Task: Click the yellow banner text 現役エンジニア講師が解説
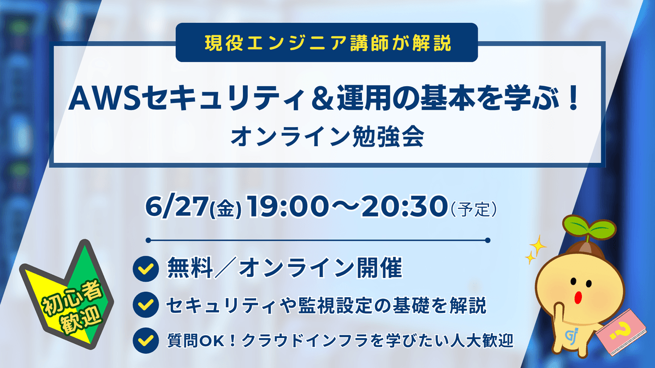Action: pyautogui.click(x=328, y=43)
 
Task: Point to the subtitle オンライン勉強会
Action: pyautogui.click(x=327, y=137)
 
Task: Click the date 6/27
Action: pyautogui.click(x=176, y=207)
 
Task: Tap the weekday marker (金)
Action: pyautogui.click(x=225, y=209)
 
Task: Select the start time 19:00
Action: pyautogui.click(x=288, y=207)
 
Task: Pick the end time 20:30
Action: pyautogui.click(x=404, y=207)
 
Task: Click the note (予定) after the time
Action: pyautogui.click(x=474, y=209)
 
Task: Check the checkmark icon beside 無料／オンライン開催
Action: pyautogui.click(x=146, y=269)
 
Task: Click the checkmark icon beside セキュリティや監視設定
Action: pyautogui.click(x=146, y=305)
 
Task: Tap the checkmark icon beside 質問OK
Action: pyautogui.click(x=146, y=341)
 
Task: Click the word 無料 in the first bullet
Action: pyautogui.click(x=189, y=268)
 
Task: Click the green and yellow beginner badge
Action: pyautogui.click(x=67, y=295)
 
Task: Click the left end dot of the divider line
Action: pyautogui.click(x=148, y=240)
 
